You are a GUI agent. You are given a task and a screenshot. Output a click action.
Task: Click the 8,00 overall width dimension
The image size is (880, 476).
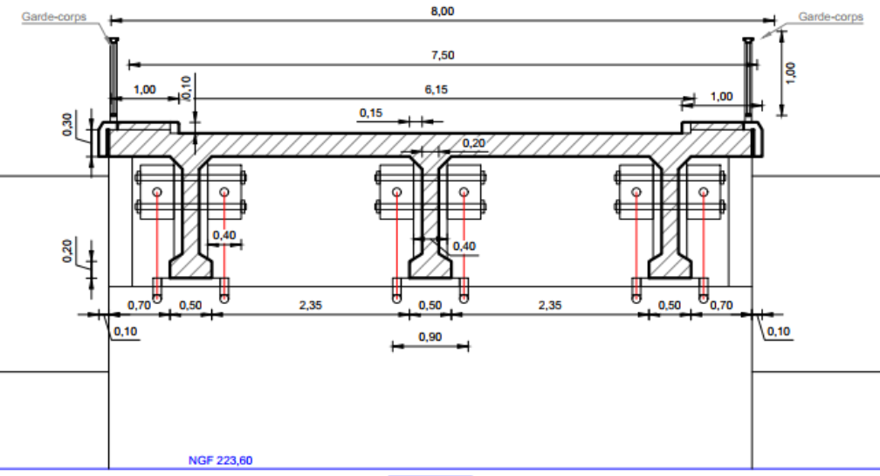click(443, 10)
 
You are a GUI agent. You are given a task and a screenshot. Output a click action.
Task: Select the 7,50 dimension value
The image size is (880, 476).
click(443, 55)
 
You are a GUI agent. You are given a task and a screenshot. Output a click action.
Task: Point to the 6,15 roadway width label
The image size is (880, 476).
click(437, 89)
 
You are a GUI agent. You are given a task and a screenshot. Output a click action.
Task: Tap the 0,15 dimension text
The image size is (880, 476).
click(371, 113)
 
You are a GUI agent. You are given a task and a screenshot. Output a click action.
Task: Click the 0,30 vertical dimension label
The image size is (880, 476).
click(67, 126)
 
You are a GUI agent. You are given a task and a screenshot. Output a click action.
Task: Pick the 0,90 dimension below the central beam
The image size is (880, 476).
click(430, 337)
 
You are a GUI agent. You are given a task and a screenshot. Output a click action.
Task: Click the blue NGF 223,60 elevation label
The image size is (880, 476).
click(220, 460)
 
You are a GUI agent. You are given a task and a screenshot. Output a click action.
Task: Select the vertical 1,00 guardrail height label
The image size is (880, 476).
click(791, 72)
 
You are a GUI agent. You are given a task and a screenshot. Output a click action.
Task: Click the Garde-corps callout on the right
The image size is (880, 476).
click(830, 17)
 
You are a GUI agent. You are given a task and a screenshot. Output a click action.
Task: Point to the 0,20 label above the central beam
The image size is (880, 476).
click(473, 142)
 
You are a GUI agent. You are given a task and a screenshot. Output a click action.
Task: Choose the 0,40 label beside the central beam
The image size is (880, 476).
click(464, 246)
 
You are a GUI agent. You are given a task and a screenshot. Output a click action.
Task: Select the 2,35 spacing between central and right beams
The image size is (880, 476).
click(551, 305)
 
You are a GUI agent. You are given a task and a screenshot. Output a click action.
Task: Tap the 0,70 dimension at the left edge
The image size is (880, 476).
click(139, 305)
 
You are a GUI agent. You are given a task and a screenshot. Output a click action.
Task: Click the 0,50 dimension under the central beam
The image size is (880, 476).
click(430, 305)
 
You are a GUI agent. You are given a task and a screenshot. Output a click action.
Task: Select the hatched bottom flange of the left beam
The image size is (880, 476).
click(190, 266)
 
